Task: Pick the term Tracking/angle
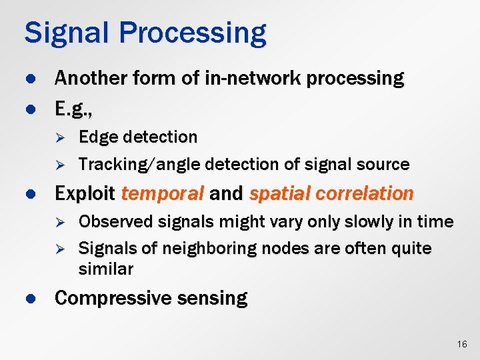tap(141, 164)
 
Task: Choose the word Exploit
tap(85, 194)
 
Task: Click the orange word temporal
tap(163, 194)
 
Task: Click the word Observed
tap(112, 221)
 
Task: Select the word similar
tap(105, 269)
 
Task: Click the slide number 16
tap(462, 344)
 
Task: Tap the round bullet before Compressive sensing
tap(29, 298)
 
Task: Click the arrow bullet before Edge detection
tap(59, 138)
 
